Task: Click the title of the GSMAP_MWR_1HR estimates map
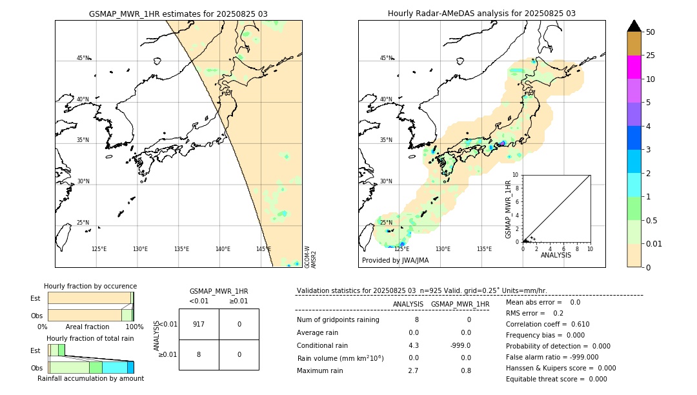(178, 14)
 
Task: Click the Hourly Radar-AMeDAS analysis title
(481, 14)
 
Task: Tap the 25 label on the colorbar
(651, 56)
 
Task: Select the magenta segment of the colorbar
(634, 67)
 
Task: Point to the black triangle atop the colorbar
(634, 26)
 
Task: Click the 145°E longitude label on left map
(263, 249)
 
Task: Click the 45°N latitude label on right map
(386, 58)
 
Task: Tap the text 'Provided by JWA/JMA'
(395, 261)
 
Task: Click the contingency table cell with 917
(199, 324)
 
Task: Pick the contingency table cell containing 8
(199, 354)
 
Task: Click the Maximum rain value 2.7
(413, 370)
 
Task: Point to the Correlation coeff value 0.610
(575, 324)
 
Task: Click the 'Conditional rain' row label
(323, 345)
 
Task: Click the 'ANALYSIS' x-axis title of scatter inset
(556, 256)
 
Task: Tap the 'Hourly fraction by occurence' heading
(90, 286)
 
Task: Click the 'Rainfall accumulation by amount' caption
(90, 378)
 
